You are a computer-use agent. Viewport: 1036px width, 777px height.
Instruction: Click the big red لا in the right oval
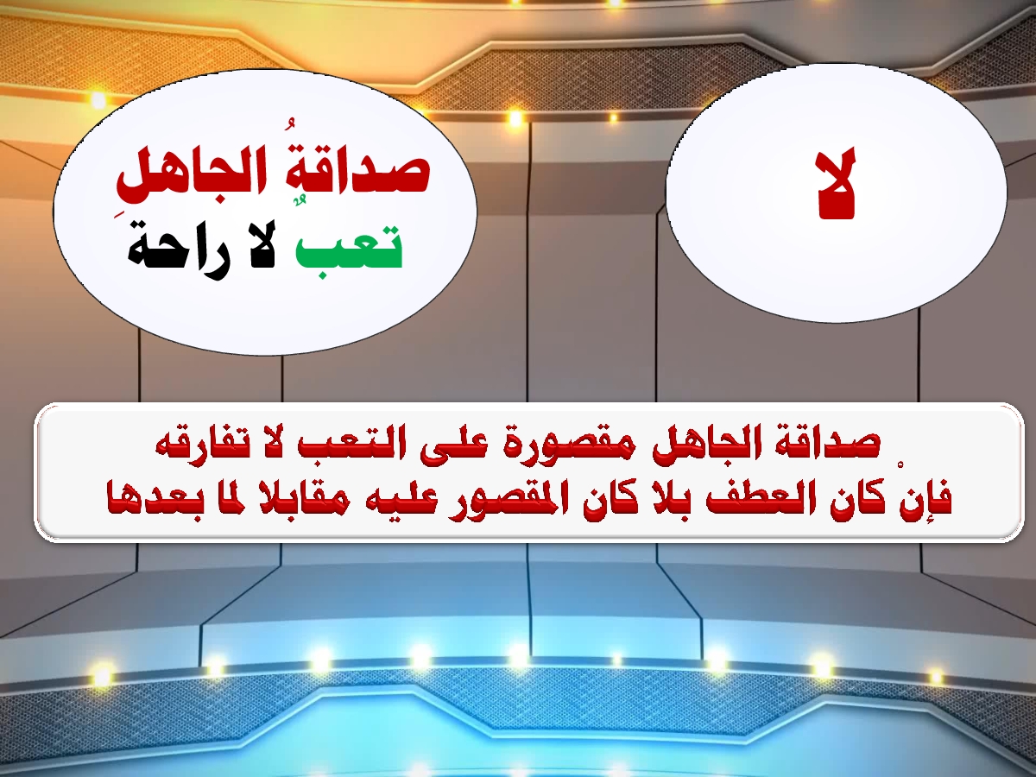pyautogui.click(x=836, y=184)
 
